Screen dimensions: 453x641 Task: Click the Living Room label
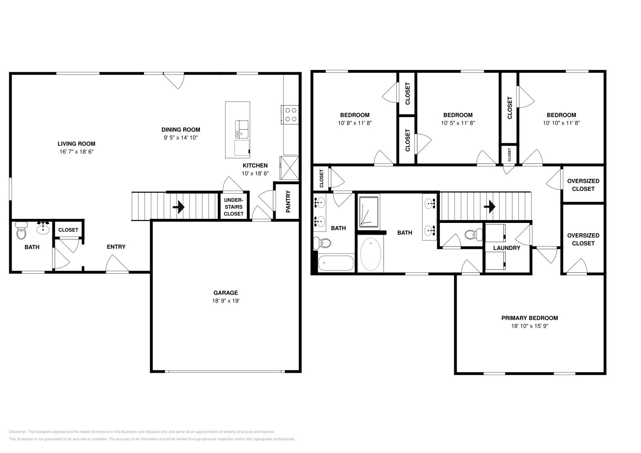pos(76,144)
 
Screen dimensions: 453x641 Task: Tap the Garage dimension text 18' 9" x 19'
pos(226,301)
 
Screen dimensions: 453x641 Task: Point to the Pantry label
pos(288,201)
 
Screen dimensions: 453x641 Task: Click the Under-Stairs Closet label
pos(233,207)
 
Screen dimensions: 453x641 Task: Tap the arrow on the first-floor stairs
pos(179,207)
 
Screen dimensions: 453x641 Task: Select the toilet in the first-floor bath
pos(21,232)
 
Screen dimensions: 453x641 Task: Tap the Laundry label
pos(506,248)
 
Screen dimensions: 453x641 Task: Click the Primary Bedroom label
pos(529,318)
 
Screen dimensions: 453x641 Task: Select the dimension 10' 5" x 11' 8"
pos(458,123)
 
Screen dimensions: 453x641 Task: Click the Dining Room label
pos(181,130)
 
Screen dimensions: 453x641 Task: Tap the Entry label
pos(116,247)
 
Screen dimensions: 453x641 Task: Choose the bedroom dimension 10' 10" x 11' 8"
pos(561,123)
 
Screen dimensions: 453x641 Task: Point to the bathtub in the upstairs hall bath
pos(336,263)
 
